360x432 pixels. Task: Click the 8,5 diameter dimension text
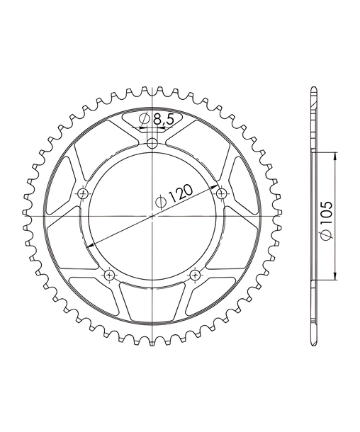(x=163, y=120)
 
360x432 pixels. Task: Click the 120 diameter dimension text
(x=181, y=193)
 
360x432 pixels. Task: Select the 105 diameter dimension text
(x=327, y=212)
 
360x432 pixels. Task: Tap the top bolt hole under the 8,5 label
(x=152, y=143)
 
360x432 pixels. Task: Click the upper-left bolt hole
(x=83, y=193)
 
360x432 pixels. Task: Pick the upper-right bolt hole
(x=221, y=193)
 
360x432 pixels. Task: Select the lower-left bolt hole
(x=109, y=275)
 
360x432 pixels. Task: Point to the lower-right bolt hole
(x=195, y=275)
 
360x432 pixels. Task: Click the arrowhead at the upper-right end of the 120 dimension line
(x=214, y=187)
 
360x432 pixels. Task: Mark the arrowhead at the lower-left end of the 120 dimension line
(x=91, y=245)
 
